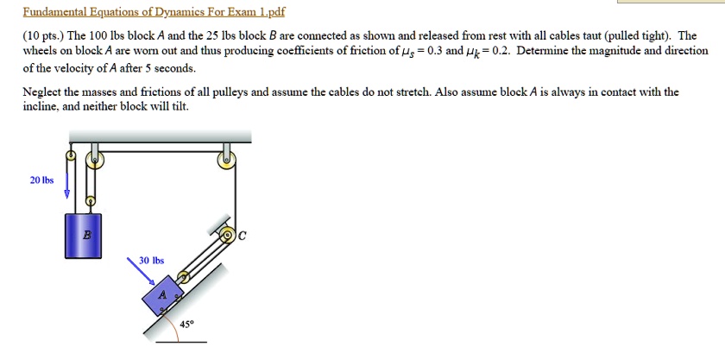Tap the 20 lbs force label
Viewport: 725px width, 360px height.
click(41, 180)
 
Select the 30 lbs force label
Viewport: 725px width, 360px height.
click(151, 260)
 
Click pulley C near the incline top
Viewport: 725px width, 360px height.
click(227, 234)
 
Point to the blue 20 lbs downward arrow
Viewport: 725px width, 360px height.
click(66, 184)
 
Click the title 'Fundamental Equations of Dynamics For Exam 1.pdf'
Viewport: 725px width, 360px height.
click(153, 12)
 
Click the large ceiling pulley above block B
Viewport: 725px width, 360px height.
click(96, 159)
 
